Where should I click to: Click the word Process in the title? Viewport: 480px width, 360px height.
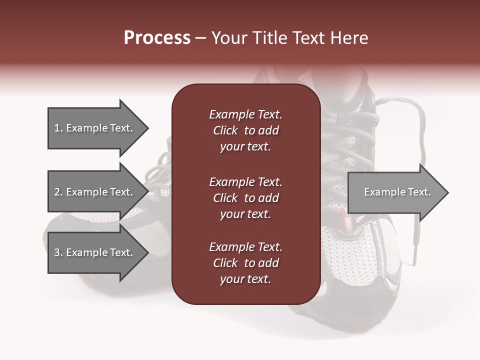click(157, 38)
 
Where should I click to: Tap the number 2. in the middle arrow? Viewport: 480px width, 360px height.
click(58, 192)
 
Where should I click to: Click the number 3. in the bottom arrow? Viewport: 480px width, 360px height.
click(58, 252)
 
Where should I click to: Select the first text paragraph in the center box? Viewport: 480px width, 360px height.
click(245, 130)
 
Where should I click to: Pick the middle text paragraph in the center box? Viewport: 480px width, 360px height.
click(245, 197)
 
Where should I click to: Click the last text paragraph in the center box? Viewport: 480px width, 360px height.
click(245, 263)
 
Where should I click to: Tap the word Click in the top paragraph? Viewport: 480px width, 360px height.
click(225, 130)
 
